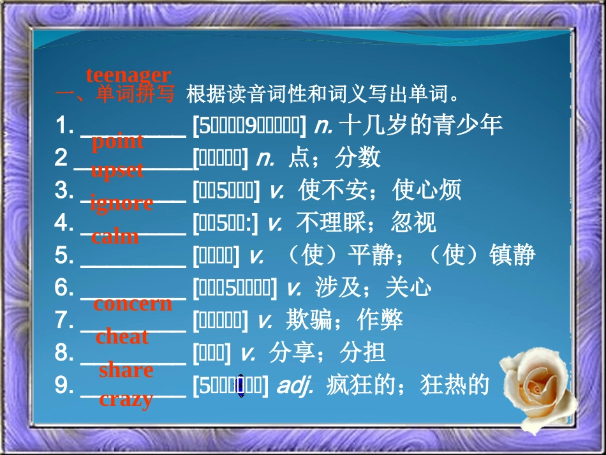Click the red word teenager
click(128, 75)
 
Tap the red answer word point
click(117, 142)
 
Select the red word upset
click(117, 171)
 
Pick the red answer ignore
click(122, 204)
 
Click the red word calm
click(115, 237)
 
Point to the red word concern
click(133, 304)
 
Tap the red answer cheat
click(122, 337)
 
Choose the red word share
click(126, 370)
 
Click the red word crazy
click(126, 400)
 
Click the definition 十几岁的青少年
click(421, 124)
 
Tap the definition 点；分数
click(334, 157)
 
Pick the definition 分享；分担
click(327, 353)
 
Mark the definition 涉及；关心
click(373, 288)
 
